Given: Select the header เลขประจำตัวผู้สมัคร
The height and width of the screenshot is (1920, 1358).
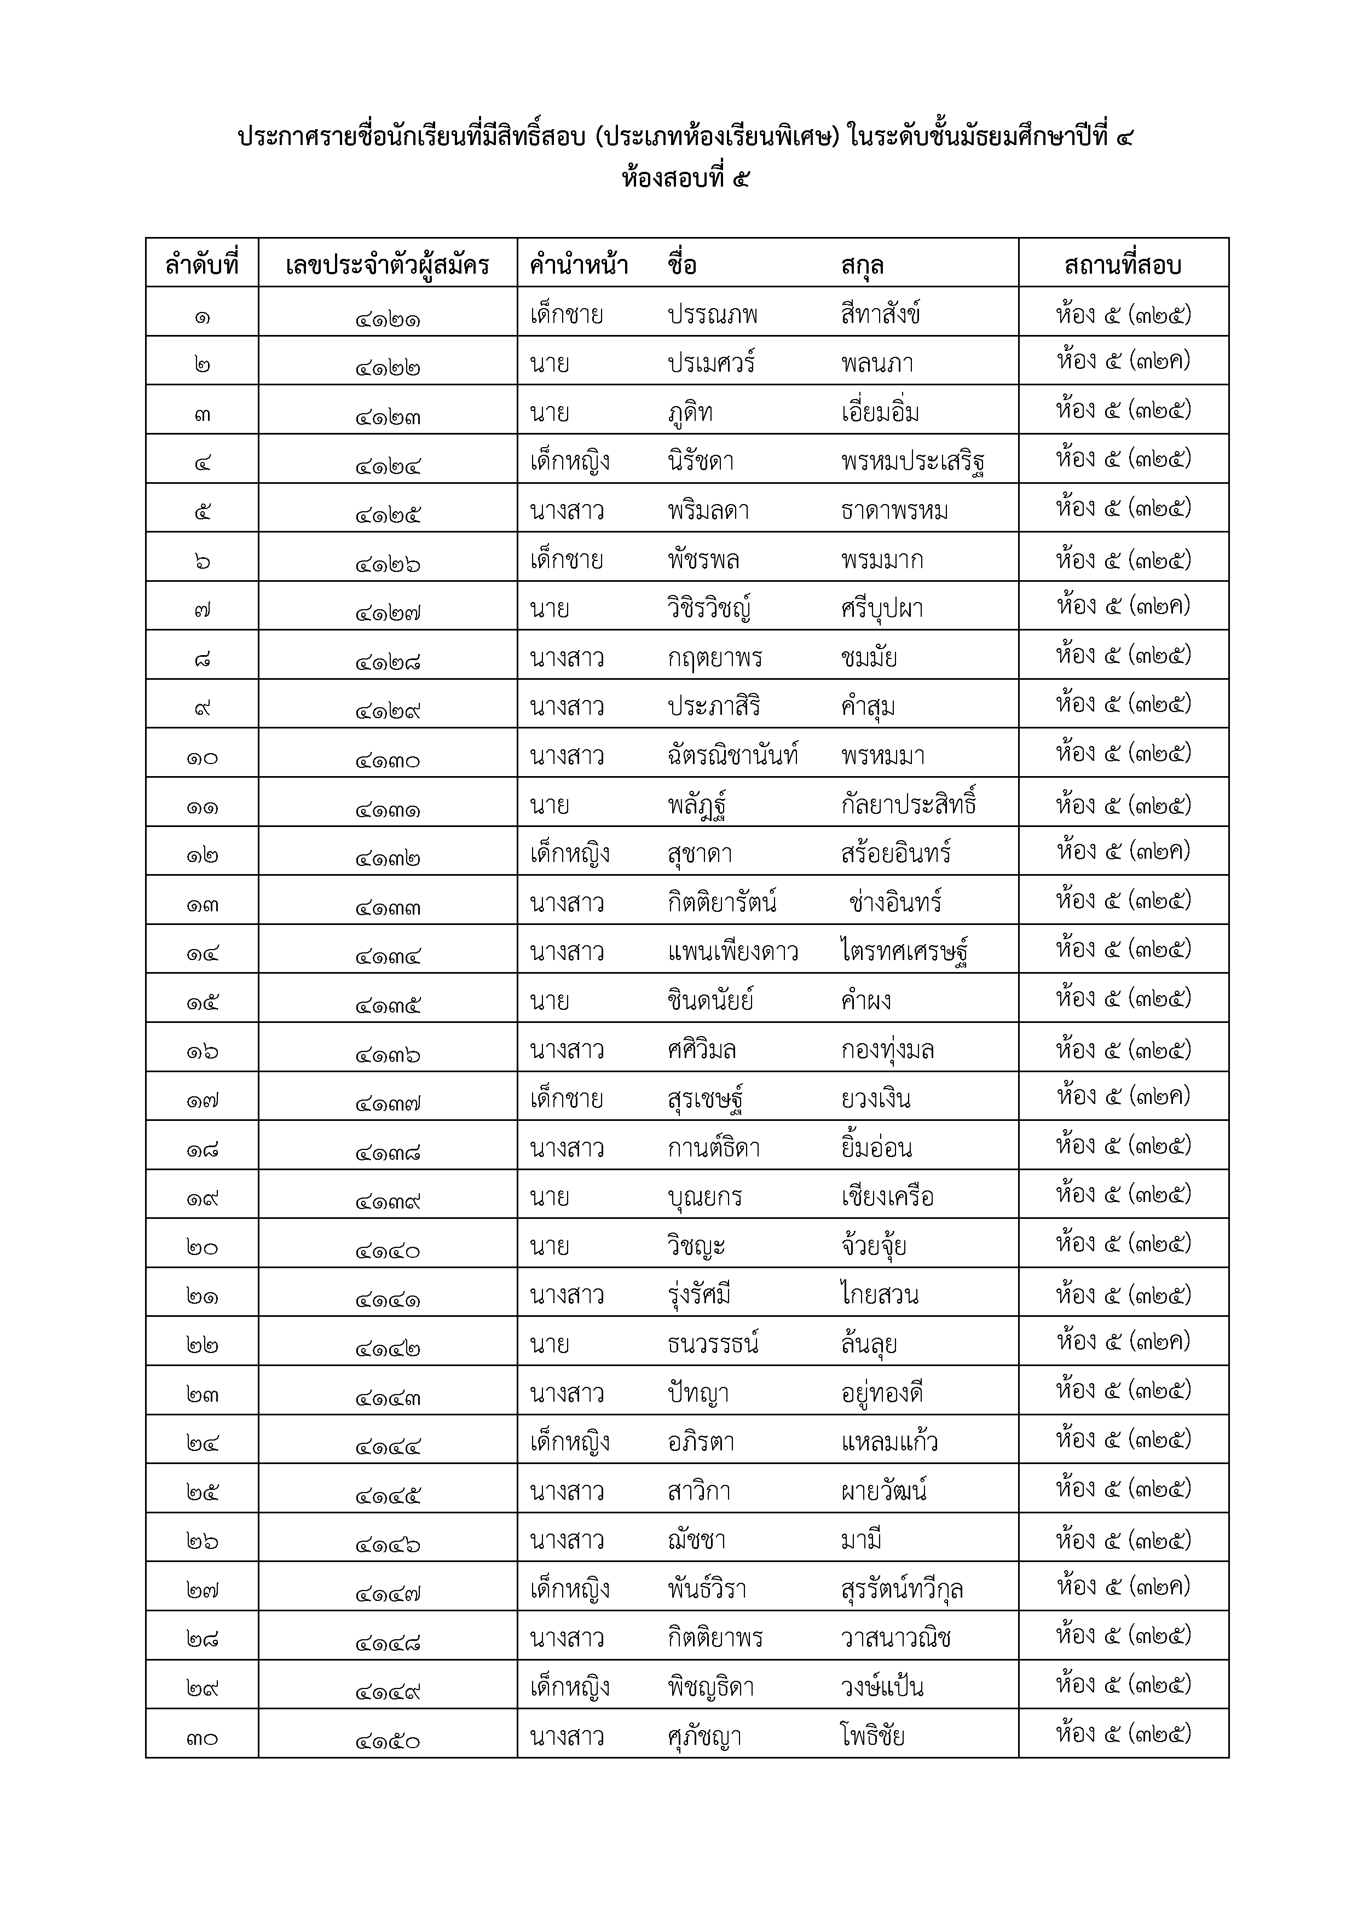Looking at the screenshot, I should (387, 265).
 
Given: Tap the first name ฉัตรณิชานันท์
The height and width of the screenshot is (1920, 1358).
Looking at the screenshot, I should (732, 755).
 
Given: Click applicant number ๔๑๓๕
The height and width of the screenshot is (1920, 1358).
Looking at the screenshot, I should (387, 1003).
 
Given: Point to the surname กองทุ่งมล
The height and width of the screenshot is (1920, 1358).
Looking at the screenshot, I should (887, 1049).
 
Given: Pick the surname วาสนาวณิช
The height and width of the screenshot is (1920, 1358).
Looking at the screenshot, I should (895, 1638).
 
